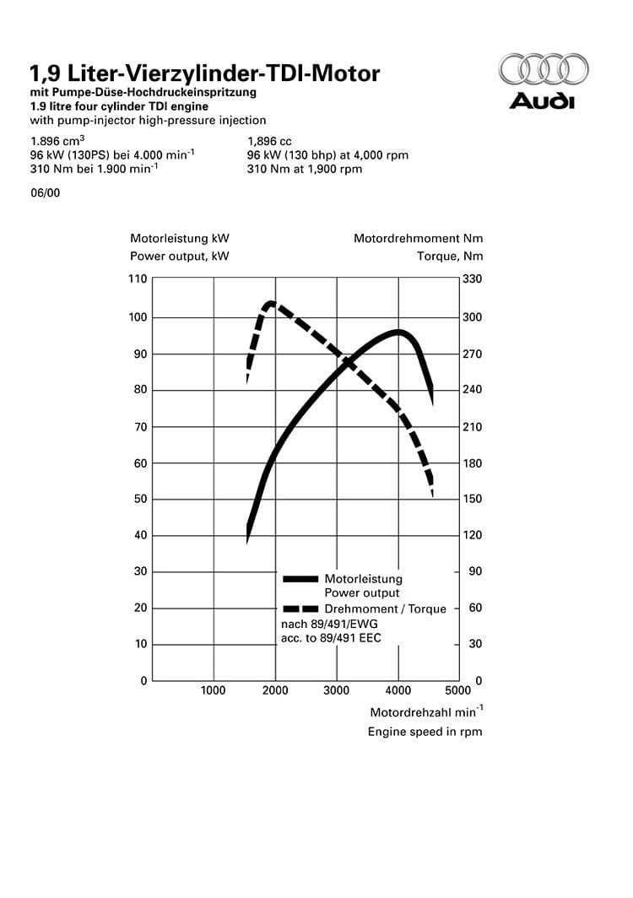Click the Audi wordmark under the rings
click(542, 102)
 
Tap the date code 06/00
click(45, 192)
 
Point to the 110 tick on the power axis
click(138, 279)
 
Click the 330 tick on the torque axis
click(472, 279)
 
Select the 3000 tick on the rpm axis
click(337, 690)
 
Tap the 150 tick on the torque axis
click(472, 499)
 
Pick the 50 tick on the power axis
click(140, 499)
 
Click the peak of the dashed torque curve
click(271, 303)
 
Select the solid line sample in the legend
click(301, 579)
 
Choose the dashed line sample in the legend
click(301, 609)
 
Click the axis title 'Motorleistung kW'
click(180, 239)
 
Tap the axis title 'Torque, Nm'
click(450, 257)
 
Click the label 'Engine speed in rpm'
click(425, 732)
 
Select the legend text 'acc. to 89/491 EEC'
click(331, 638)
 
